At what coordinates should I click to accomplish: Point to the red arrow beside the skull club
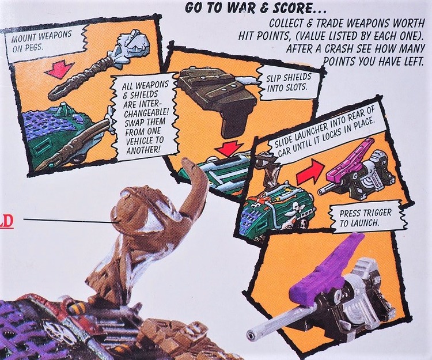(x=59, y=70)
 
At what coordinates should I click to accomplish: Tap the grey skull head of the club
(x=132, y=50)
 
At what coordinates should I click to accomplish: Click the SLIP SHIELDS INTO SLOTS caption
(x=289, y=82)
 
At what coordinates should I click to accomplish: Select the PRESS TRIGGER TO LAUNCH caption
(x=365, y=217)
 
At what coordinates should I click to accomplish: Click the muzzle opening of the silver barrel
(x=251, y=335)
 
